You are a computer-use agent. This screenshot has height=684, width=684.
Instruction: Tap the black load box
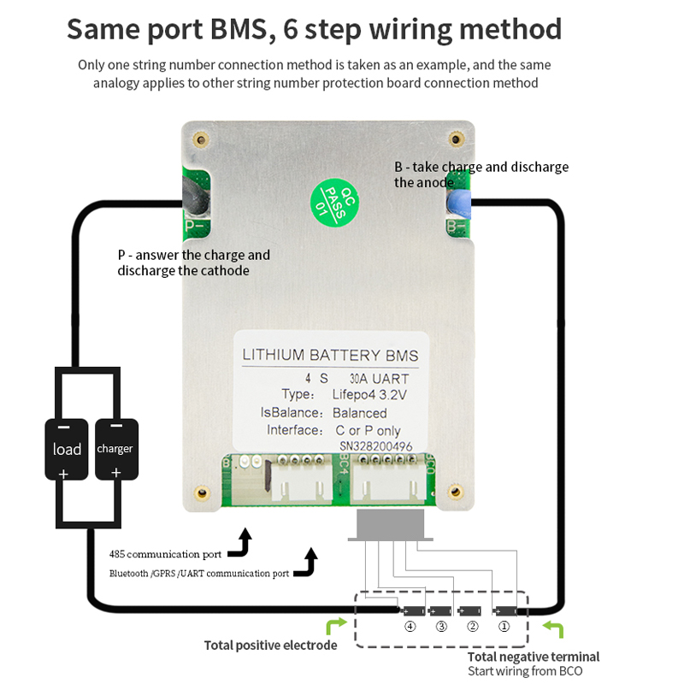click(x=67, y=449)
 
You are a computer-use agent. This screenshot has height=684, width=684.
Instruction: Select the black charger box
click(x=115, y=449)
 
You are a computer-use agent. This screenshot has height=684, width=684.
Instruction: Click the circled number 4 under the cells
click(x=411, y=626)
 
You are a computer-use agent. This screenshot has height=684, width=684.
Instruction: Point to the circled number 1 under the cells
click(x=504, y=626)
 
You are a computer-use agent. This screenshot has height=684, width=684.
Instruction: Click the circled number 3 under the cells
click(x=441, y=626)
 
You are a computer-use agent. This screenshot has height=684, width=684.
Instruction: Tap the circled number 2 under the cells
click(x=471, y=626)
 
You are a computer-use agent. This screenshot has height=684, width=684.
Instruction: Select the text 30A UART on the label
click(x=379, y=378)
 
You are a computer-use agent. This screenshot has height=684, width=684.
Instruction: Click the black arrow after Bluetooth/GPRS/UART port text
click(x=306, y=563)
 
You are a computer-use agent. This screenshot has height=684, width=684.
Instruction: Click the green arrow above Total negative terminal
click(x=555, y=631)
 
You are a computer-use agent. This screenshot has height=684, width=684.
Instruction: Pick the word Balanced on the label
click(x=360, y=413)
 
